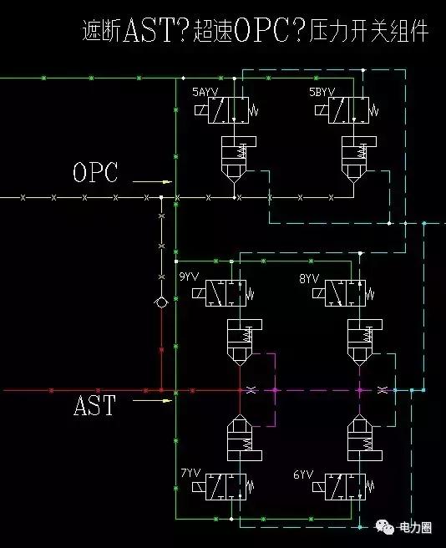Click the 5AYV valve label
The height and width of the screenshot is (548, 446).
click(x=205, y=91)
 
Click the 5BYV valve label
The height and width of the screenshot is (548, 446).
click(x=322, y=91)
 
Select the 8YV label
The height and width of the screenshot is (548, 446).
click(x=308, y=277)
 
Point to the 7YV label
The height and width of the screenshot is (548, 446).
click(x=190, y=474)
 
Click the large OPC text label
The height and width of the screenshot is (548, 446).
click(x=96, y=173)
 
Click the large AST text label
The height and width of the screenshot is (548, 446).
click(x=94, y=407)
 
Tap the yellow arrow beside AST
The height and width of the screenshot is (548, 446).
click(x=154, y=400)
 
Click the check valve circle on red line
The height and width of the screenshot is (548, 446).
click(x=160, y=302)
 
